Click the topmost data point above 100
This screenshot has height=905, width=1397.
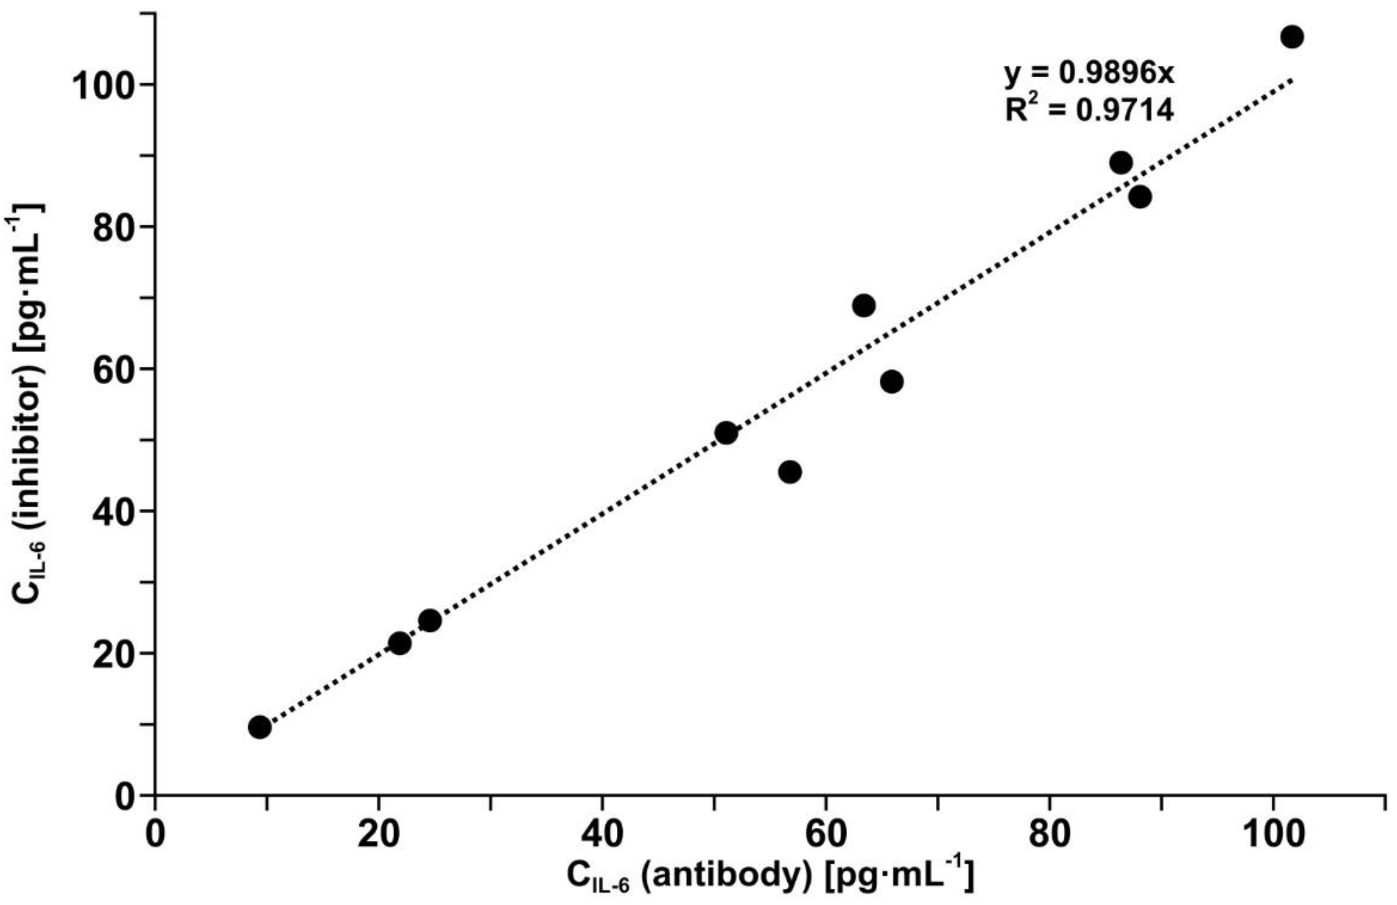pyautogui.click(x=1291, y=37)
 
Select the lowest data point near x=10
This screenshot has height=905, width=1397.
pyautogui.click(x=259, y=727)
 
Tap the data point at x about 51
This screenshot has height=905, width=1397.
pyautogui.click(x=726, y=433)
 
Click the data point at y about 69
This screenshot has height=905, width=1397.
pyautogui.click(x=863, y=306)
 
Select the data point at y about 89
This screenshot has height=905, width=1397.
pyautogui.click(x=1121, y=162)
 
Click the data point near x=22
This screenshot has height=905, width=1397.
pyautogui.click(x=400, y=643)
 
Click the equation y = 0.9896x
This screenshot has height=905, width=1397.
pyautogui.click(x=1089, y=74)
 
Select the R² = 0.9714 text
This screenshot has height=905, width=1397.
pyautogui.click(x=1089, y=110)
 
